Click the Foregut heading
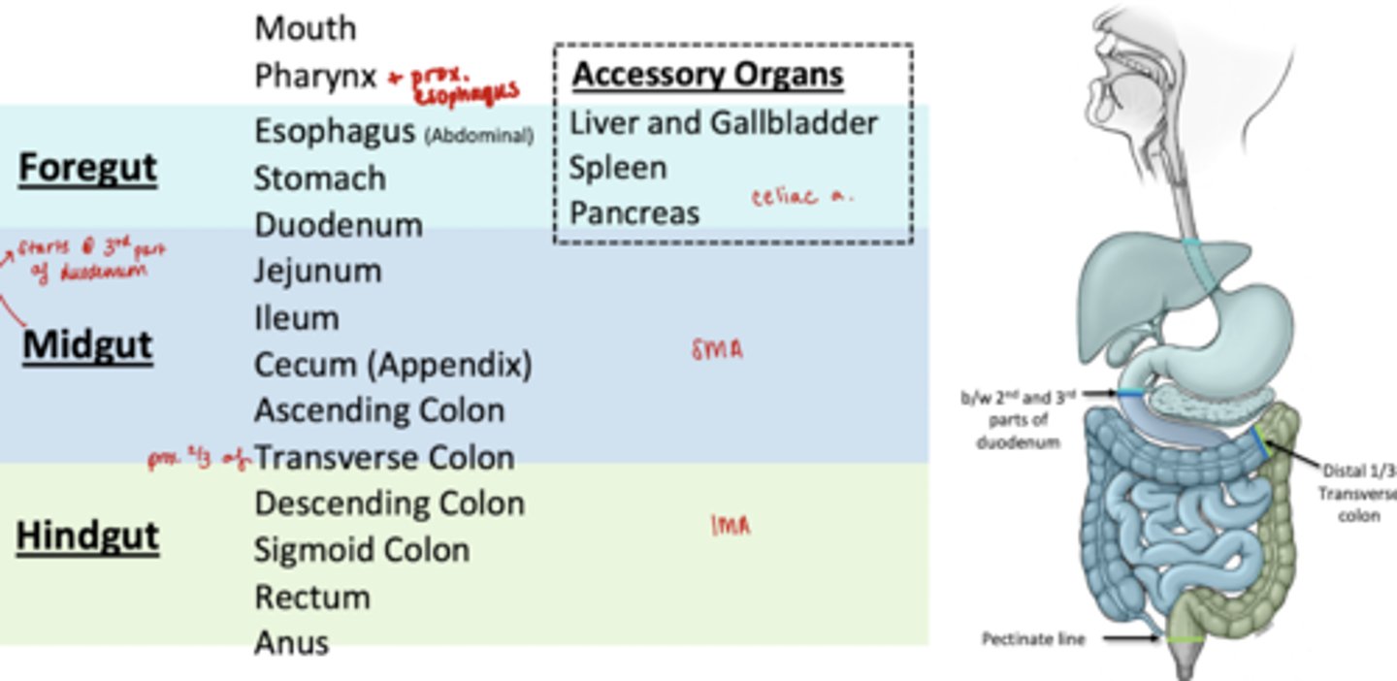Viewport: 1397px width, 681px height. click(87, 168)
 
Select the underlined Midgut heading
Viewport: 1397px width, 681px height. click(87, 345)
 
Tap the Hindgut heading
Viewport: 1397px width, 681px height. click(87, 536)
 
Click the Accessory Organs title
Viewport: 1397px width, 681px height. click(707, 75)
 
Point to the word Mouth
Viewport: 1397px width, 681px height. click(305, 28)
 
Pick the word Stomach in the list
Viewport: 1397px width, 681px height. click(319, 178)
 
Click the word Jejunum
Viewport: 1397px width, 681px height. click(317, 271)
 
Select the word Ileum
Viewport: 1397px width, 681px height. click(296, 318)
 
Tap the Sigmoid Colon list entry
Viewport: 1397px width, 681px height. click(361, 550)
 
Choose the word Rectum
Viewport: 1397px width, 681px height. click(311, 597)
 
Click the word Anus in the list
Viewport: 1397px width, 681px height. click(291, 642)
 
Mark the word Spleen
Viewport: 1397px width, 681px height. click(617, 168)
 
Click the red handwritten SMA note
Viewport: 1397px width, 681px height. click(717, 350)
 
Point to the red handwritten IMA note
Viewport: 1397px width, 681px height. click(730, 526)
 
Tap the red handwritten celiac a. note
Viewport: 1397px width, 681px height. click(801, 197)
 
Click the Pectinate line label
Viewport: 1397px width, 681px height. click(1033, 639)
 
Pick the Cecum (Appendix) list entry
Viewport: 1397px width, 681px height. click(392, 365)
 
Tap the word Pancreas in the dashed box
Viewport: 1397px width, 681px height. click(634, 213)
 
